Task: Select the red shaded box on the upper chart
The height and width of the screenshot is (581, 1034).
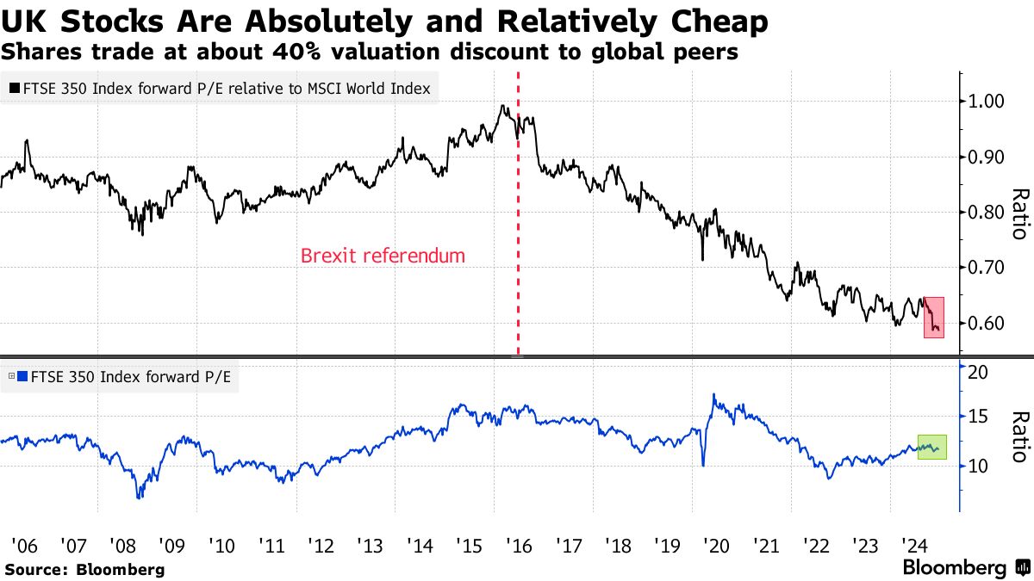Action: tap(934, 317)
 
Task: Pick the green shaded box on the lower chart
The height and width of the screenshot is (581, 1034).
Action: tap(932, 447)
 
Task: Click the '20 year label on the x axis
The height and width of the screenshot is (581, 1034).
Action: tap(715, 546)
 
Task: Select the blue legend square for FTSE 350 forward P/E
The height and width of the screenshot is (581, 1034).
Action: tap(23, 376)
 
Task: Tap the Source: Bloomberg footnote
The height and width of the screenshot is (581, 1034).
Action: tap(84, 569)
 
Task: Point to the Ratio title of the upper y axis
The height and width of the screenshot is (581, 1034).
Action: tap(1018, 213)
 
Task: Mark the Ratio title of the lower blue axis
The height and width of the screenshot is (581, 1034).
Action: tap(1018, 437)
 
